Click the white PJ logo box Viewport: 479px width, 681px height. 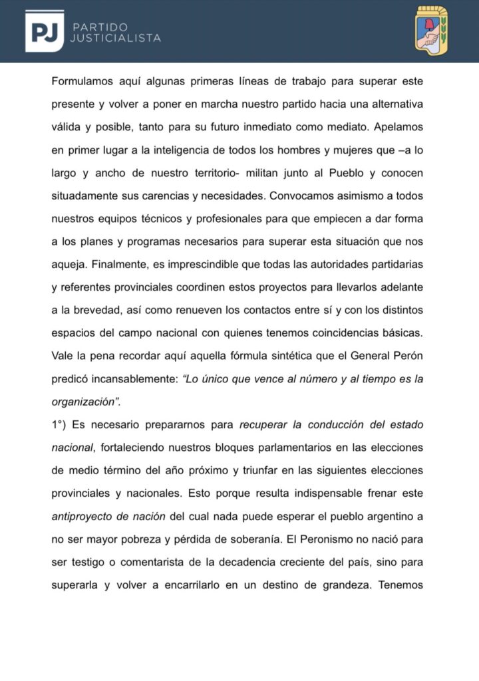tap(45, 31)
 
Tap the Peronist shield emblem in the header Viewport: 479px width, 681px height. tap(431, 31)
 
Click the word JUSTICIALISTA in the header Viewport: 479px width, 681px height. tap(115, 39)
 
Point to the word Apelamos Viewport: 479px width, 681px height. tap(400, 127)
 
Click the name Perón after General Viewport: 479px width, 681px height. tap(408, 355)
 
